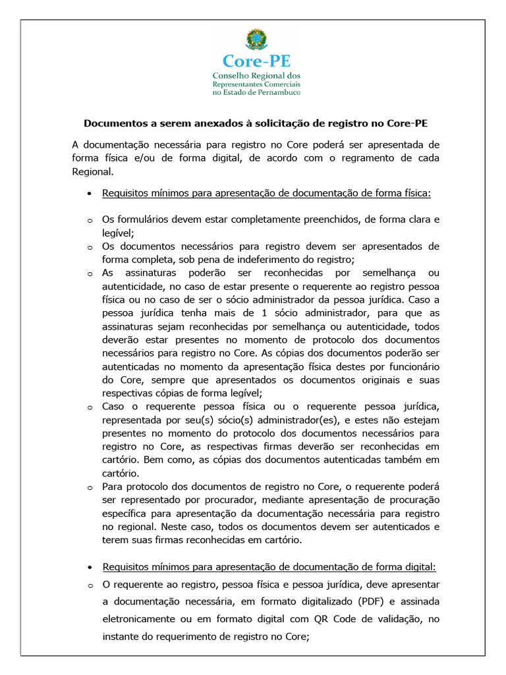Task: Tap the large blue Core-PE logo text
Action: tap(256, 61)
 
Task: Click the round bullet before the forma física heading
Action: tap(89, 194)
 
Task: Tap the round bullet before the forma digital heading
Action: tap(89, 568)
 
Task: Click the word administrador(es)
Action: tap(309, 420)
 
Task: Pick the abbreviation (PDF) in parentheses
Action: tap(374, 602)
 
